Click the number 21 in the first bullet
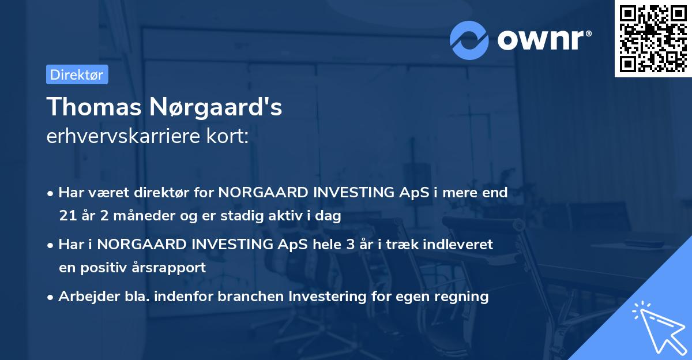coord(66,216)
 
